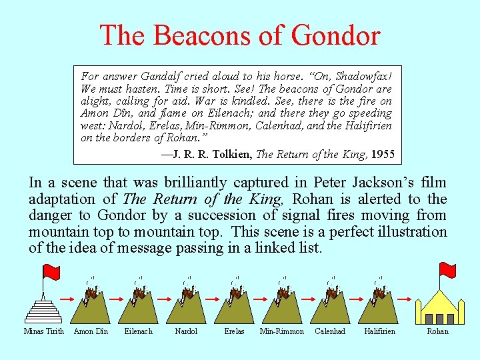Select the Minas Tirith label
[44, 331]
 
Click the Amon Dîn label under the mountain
[91, 331]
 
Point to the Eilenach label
[139, 331]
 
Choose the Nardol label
[186, 331]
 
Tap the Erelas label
[234, 331]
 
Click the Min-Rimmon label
[282, 331]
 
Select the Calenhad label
[330, 331]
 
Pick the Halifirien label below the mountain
[379, 331]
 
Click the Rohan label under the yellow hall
[437, 331]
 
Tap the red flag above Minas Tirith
[51, 272]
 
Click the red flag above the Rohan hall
[447, 270]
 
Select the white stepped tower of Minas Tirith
[44, 310]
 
